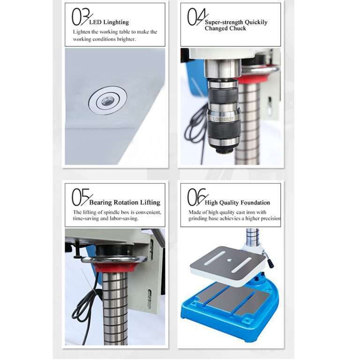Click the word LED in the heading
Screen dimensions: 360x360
[95, 22]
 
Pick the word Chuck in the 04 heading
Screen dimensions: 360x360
[238, 29]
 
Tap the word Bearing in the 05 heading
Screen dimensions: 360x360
[101, 202]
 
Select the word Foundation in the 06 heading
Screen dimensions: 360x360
[255, 202]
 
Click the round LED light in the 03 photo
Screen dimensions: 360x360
[107, 100]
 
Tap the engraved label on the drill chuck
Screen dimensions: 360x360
[223, 119]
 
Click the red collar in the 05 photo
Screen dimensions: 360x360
[115, 267]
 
